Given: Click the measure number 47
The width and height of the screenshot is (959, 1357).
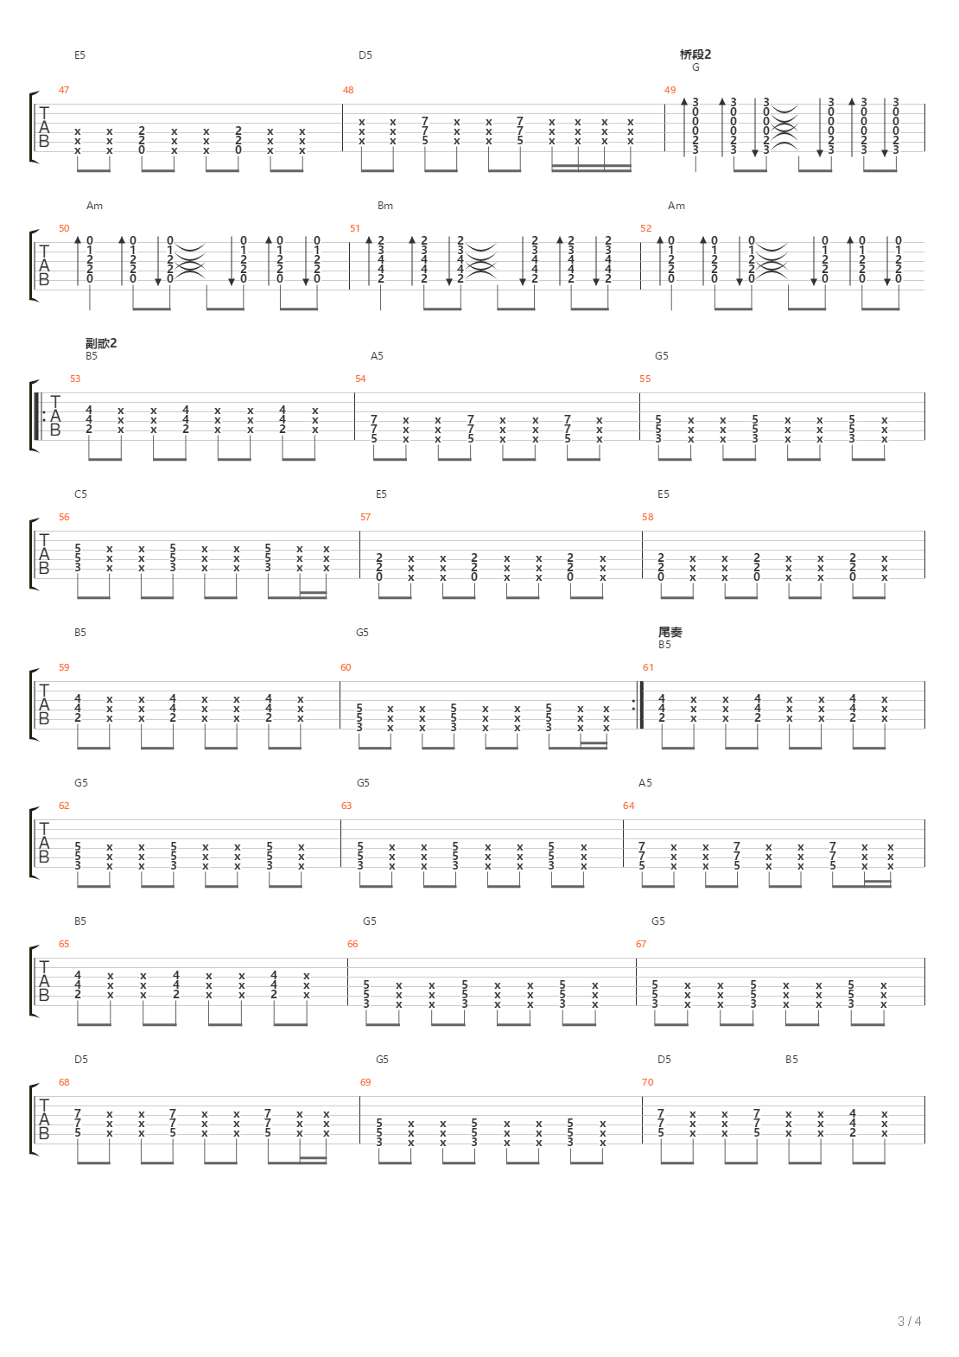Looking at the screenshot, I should tap(64, 90).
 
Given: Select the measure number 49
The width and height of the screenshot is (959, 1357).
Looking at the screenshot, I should tap(670, 90).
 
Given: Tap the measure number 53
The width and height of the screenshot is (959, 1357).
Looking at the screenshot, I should tap(75, 379).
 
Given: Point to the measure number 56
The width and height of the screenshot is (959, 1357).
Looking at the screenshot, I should tap(64, 517).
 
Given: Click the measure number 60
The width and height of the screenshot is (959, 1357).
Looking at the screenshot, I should tap(346, 667).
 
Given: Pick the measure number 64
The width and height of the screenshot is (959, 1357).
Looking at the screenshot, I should tap(628, 806).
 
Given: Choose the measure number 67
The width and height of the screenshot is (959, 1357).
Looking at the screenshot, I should tap(641, 944).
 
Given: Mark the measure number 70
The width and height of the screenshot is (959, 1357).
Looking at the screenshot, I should tap(648, 1082).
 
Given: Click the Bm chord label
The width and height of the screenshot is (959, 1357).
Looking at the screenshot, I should tap(385, 206).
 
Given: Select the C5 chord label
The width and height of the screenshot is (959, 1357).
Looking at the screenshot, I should tap(80, 494).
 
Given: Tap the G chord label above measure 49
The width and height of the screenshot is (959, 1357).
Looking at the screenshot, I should tap(695, 67).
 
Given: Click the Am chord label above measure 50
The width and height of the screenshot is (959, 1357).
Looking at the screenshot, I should tap(94, 206).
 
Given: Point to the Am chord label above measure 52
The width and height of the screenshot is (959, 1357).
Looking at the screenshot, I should tap(676, 206).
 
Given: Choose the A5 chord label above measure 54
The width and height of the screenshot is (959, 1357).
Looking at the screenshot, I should tap(377, 356).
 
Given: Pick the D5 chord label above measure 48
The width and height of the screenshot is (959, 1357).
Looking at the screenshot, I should tap(365, 55).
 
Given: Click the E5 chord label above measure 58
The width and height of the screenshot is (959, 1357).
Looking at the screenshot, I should tap(663, 494).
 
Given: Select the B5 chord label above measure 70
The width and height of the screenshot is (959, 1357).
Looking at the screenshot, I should tap(791, 1060).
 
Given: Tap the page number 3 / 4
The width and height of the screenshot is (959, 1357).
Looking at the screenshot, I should tap(910, 1321).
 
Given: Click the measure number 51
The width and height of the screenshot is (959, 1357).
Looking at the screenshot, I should tap(355, 228).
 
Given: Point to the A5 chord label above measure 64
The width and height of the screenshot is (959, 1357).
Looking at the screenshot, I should tap(645, 783).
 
